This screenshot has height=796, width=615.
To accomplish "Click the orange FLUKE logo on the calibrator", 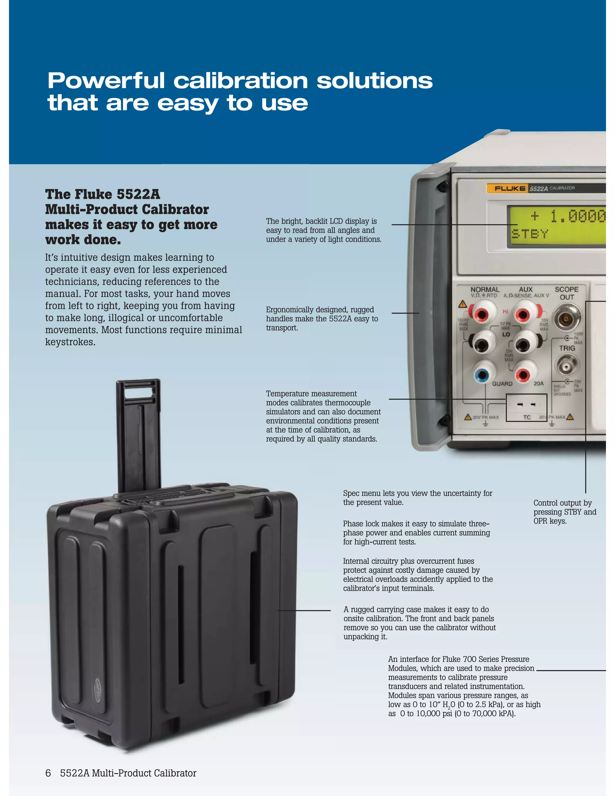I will pyautogui.click(x=509, y=188).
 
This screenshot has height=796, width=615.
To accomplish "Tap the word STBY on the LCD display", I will pyautogui.click(x=530, y=234).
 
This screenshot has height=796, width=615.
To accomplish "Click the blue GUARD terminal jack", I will pyautogui.click(x=483, y=374).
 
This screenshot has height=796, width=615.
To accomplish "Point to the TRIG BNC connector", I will pyautogui.click(x=566, y=365).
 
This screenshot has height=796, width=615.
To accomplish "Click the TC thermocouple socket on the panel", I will pyautogui.click(x=526, y=405).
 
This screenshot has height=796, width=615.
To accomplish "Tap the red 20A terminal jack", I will pyautogui.click(x=523, y=374).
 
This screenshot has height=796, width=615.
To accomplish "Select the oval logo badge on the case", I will pyautogui.click(x=98, y=687).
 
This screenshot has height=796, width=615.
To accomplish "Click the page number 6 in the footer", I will pyautogui.click(x=48, y=773).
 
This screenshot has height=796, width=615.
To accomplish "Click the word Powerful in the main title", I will pyautogui.click(x=106, y=81).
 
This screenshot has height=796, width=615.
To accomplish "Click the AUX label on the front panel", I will pyautogui.click(x=526, y=289).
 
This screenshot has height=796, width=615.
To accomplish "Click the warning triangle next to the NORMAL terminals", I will pyautogui.click(x=462, y=304).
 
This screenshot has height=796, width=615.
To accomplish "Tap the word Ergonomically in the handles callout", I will pyautogui.click(x=289, y=310).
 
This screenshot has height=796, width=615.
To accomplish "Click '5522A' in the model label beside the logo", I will pyautogui.click(x=538, y=188).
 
